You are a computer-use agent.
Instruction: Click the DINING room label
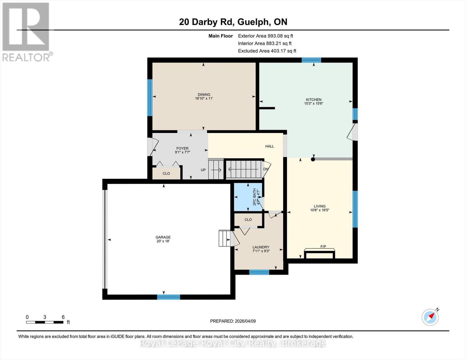(204, 94)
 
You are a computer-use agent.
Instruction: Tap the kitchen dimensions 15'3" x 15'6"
(314, 103)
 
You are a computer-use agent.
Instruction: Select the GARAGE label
(163, 237)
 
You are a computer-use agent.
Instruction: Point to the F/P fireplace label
(323, 247)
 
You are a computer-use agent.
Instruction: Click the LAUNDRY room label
(261, 247)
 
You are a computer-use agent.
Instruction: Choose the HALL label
(269, 146)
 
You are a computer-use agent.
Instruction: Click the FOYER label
(182, 148)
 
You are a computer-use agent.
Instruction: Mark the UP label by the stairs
(203, 170)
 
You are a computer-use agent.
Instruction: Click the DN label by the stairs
(266, 169)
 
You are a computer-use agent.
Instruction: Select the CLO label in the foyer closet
(166, 173)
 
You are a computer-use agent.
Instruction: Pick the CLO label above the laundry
(248, 220)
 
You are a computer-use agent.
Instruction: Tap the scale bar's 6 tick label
(63, 317)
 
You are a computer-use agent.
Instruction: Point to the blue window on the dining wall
(150, 97)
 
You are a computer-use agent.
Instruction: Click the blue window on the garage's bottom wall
(168, 297)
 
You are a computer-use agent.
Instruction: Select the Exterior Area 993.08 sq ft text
(265, 36)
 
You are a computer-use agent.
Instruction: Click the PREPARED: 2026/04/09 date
(233, 321)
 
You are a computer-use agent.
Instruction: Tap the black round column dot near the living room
(313, 159)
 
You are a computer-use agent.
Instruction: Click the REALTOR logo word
(26, 57)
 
